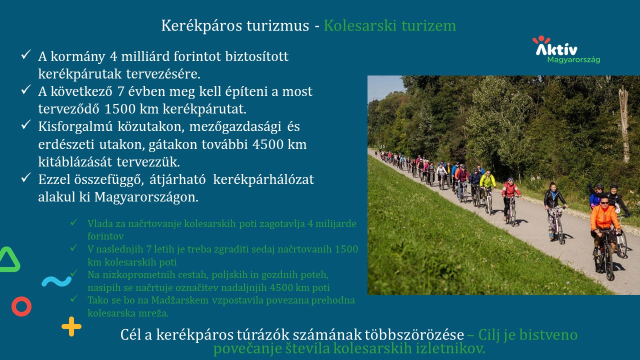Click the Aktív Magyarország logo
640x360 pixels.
[x=566, y=49]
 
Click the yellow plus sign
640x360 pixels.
[x=71, y=326]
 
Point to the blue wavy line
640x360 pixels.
[x=56, y=281]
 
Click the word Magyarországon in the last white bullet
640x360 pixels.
[x=146, y=197]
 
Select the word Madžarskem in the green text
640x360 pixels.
[x=179, y=300]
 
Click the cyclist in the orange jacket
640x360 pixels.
[x=603, y=228]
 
